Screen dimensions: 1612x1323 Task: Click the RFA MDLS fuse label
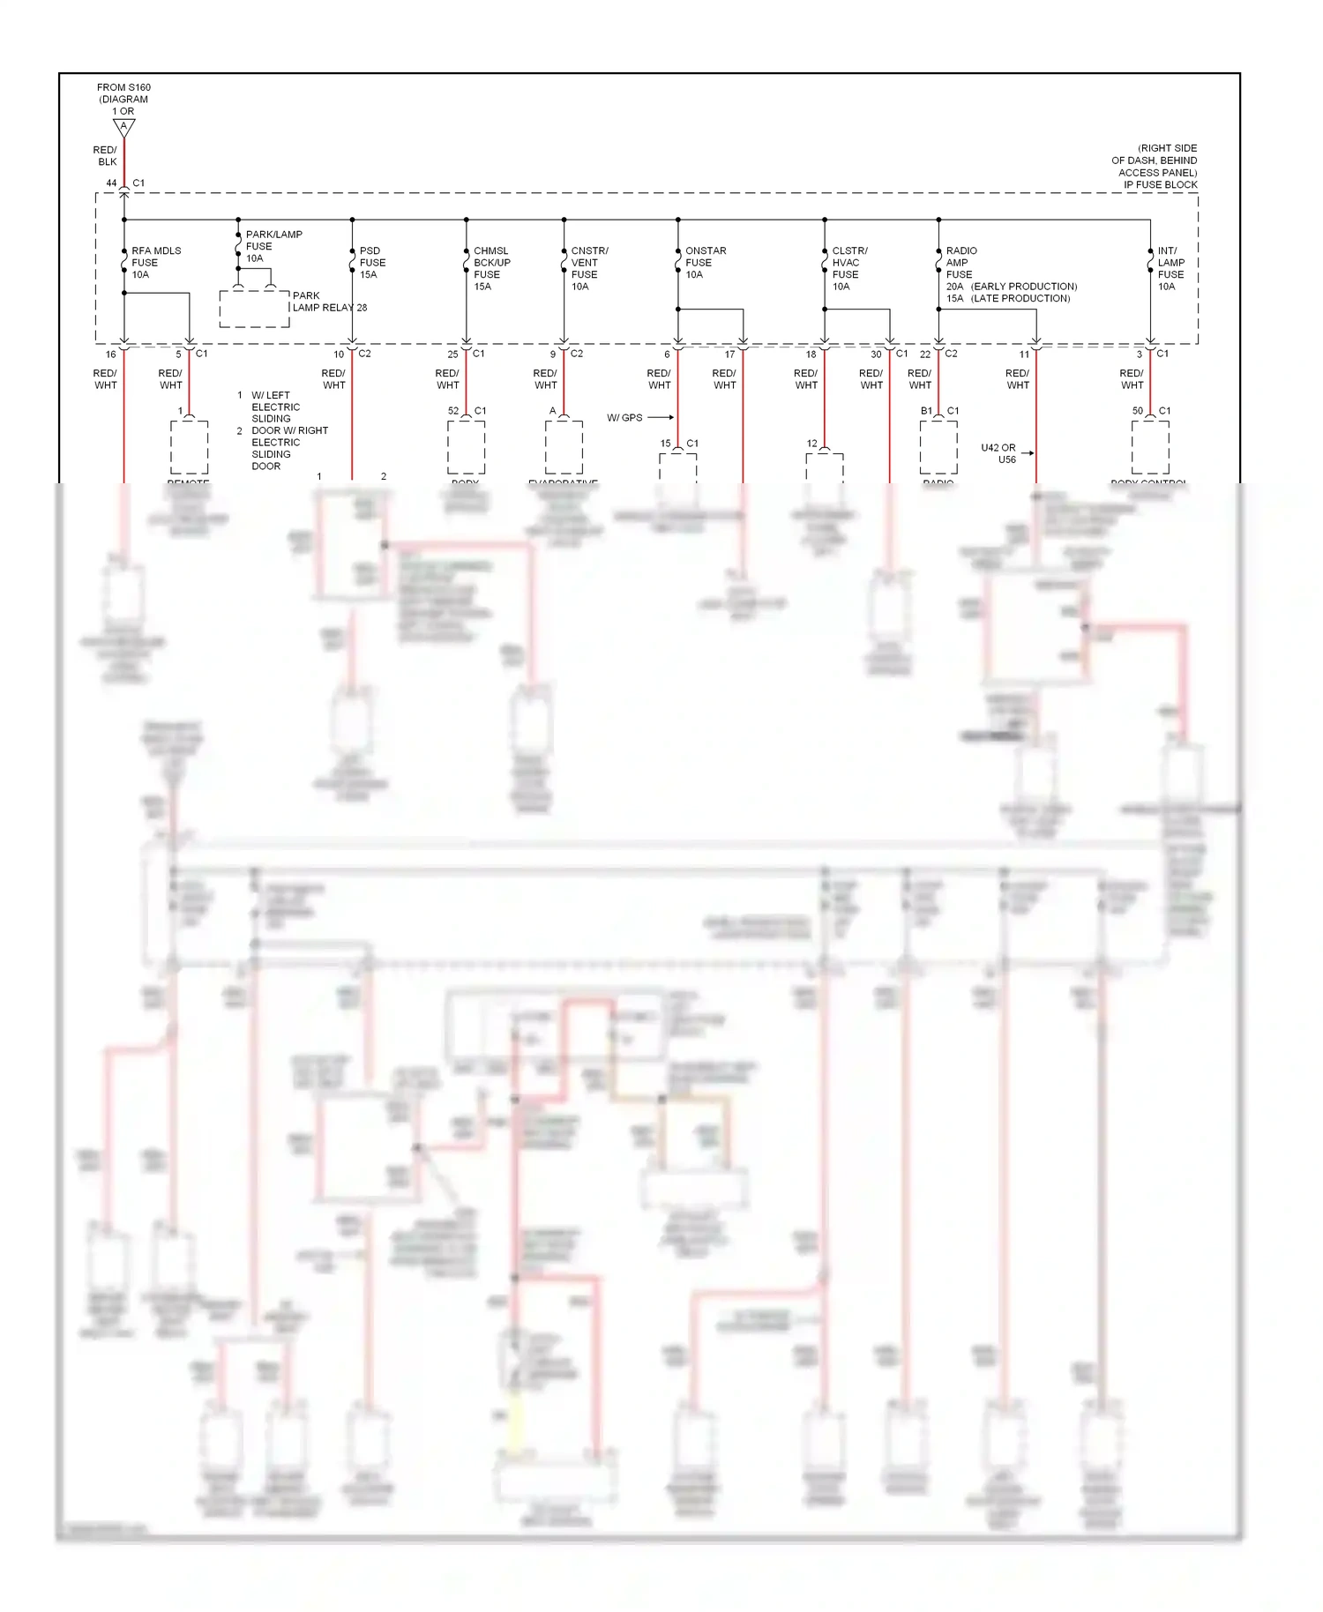tap(156, 263)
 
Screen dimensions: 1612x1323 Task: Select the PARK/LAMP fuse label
tap(273, 246)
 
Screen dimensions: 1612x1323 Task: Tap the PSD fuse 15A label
tap(371, 263)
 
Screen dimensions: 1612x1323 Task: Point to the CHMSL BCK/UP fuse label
tap(491, 268)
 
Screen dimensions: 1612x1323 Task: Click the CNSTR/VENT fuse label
tap(588, 268)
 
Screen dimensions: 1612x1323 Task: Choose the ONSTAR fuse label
tap(705, 263)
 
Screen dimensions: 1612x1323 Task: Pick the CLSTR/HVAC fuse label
tap(848, 268)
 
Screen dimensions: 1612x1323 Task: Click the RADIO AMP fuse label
tap(960, 263)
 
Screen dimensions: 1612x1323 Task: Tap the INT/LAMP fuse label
tap(1170, 268)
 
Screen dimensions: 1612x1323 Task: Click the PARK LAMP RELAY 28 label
tap(329, 302)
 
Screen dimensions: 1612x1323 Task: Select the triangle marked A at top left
tap(124, 128)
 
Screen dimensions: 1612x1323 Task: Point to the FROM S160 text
tap(123, 87)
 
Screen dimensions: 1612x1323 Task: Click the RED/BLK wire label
tap(105, 156)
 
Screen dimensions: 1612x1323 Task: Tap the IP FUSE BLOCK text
tap(1160, 184)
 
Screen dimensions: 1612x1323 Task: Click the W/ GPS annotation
tap(624, 417)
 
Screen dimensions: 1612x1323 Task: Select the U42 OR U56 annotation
tap(998, 453)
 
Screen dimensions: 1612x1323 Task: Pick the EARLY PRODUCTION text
tap(1024, 287)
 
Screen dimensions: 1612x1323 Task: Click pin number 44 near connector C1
tap(111, 183)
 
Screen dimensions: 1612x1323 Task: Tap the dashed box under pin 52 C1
tap(466, 447)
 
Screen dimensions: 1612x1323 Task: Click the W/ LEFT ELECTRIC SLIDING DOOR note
tap(274, 407)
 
